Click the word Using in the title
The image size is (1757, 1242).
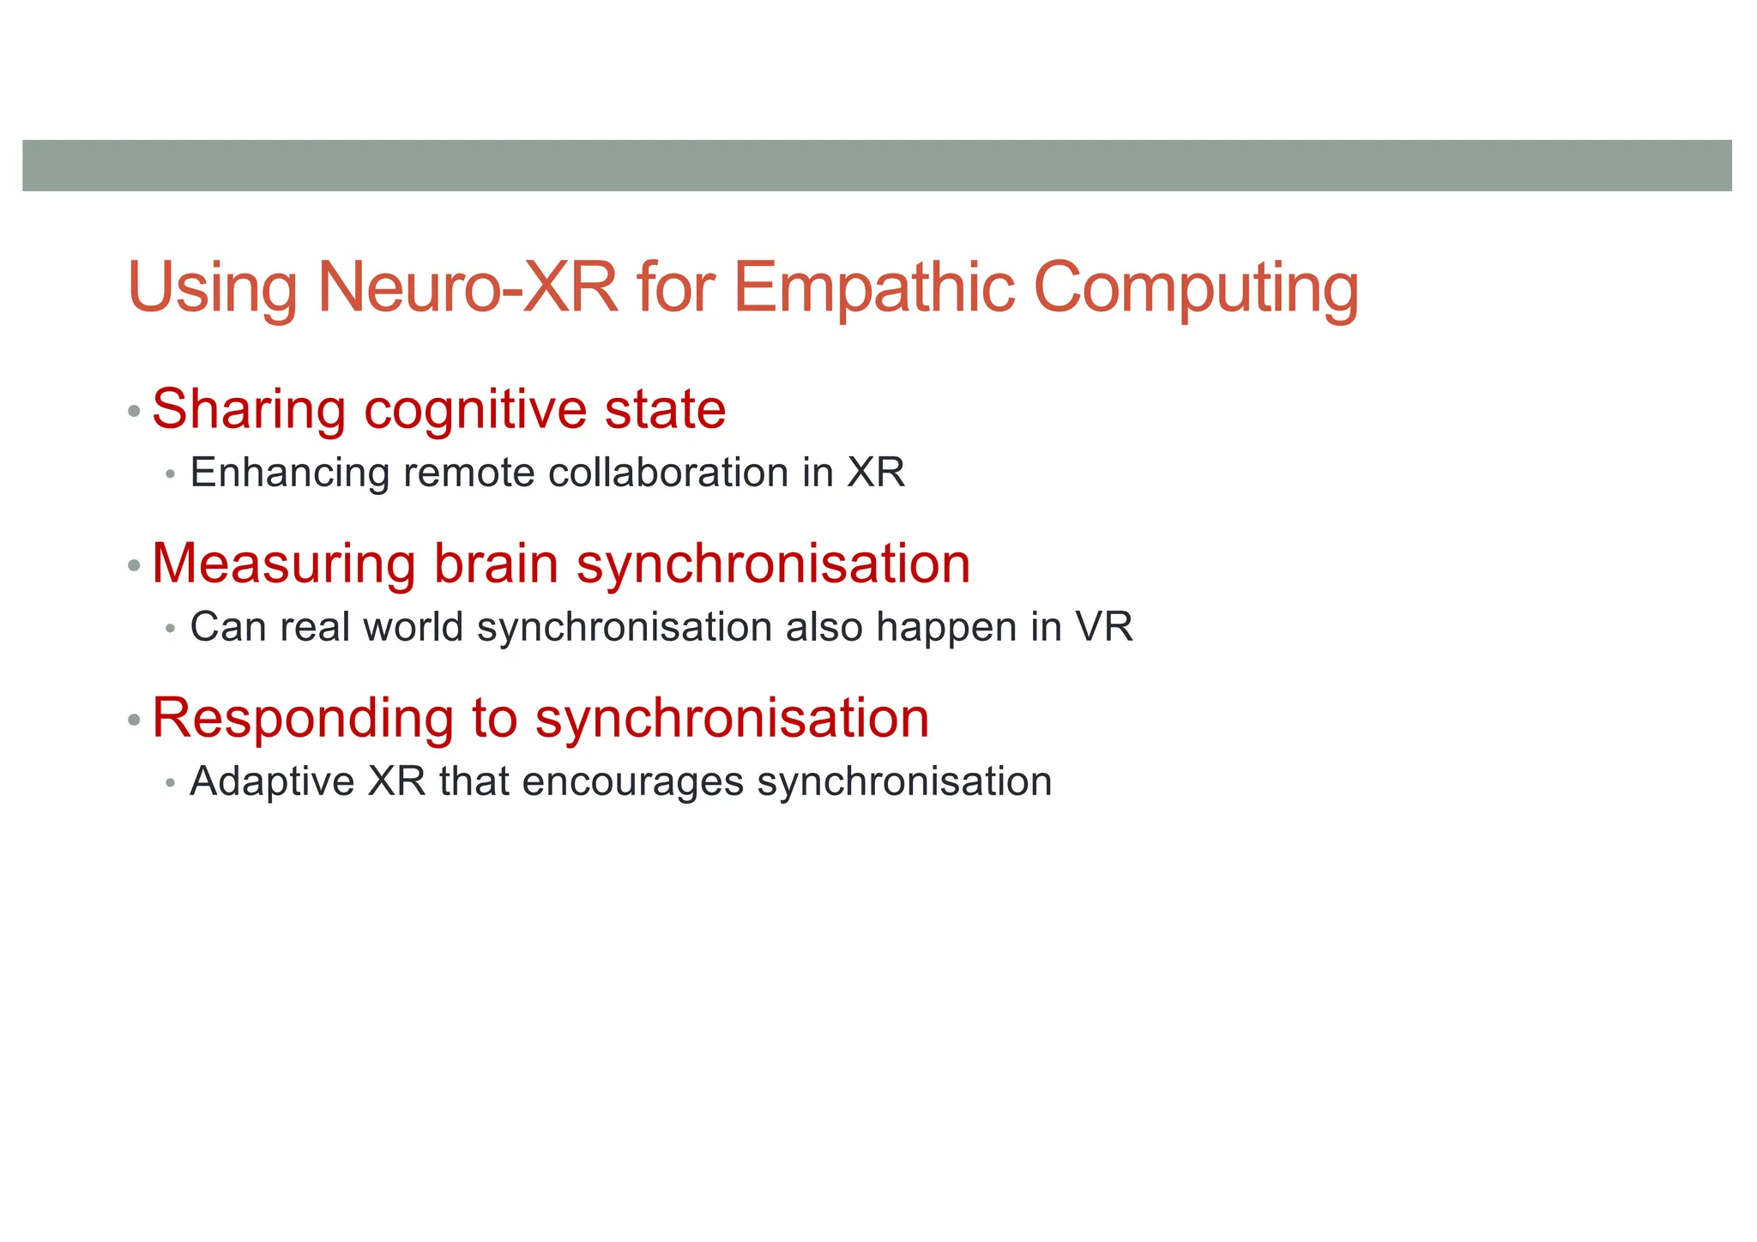click(212, 289)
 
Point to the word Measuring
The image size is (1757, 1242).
click(283, 564)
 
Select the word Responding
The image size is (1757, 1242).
click(302, 719)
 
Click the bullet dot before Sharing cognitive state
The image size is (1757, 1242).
click(133, 412)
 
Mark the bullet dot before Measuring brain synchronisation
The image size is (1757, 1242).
click(133, 566)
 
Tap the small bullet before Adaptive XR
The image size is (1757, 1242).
click(171, 783)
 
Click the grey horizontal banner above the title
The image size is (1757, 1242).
click(877, 166)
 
